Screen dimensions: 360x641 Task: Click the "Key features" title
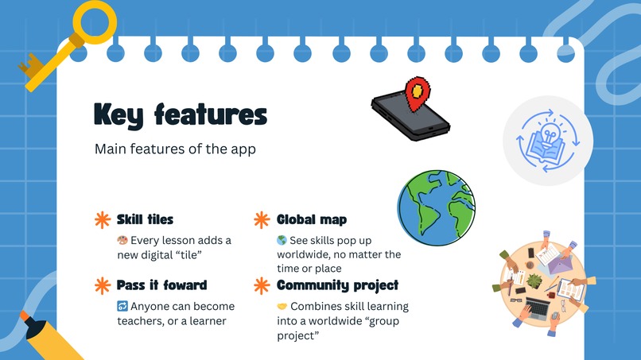pos(180,114)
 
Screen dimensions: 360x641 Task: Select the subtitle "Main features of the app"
pos(174,149)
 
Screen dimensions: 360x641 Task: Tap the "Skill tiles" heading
pos(145,219)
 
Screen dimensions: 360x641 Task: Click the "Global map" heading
pos(312,219)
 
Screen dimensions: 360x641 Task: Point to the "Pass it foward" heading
pos(161,285)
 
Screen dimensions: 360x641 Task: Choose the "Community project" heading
pos(337,285)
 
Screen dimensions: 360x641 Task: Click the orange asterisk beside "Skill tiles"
pos(102,219)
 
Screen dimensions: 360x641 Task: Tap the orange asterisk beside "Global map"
pos(261,219)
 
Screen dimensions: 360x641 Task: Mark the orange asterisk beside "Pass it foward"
pos(102,285)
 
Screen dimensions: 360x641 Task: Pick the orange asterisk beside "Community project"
pos(261,285)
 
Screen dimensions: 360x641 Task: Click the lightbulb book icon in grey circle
pos(548,140)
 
